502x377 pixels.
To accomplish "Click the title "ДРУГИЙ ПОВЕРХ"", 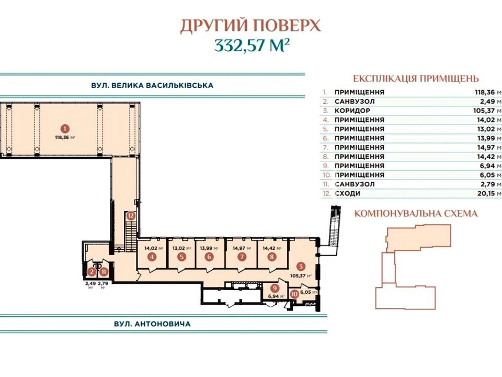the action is click(250, 26).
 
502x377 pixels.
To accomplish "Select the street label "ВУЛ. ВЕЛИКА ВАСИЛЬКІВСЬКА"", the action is click(152, 85).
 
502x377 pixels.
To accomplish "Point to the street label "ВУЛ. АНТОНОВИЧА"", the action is click(152, 324).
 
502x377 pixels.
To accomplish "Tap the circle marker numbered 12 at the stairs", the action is click(131, 215).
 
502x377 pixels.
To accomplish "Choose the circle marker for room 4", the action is click(152, 257).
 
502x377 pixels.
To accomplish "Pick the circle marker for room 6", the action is click(209, 257).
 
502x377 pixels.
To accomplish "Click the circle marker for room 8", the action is click(272, 257).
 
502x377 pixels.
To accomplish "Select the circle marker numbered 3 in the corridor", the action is click(301, 266).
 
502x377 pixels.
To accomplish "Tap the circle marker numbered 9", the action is click(275, 288).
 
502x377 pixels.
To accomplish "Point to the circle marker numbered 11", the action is click(104, 272).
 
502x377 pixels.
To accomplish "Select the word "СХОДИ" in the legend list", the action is click(347, 193).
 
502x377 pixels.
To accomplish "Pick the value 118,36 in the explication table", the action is click(485, 92).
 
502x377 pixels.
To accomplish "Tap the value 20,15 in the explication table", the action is click(486, 193).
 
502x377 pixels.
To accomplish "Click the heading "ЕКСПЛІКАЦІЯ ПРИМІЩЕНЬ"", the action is click(416, 79).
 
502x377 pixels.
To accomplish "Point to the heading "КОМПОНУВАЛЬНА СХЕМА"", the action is click(416, 214).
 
